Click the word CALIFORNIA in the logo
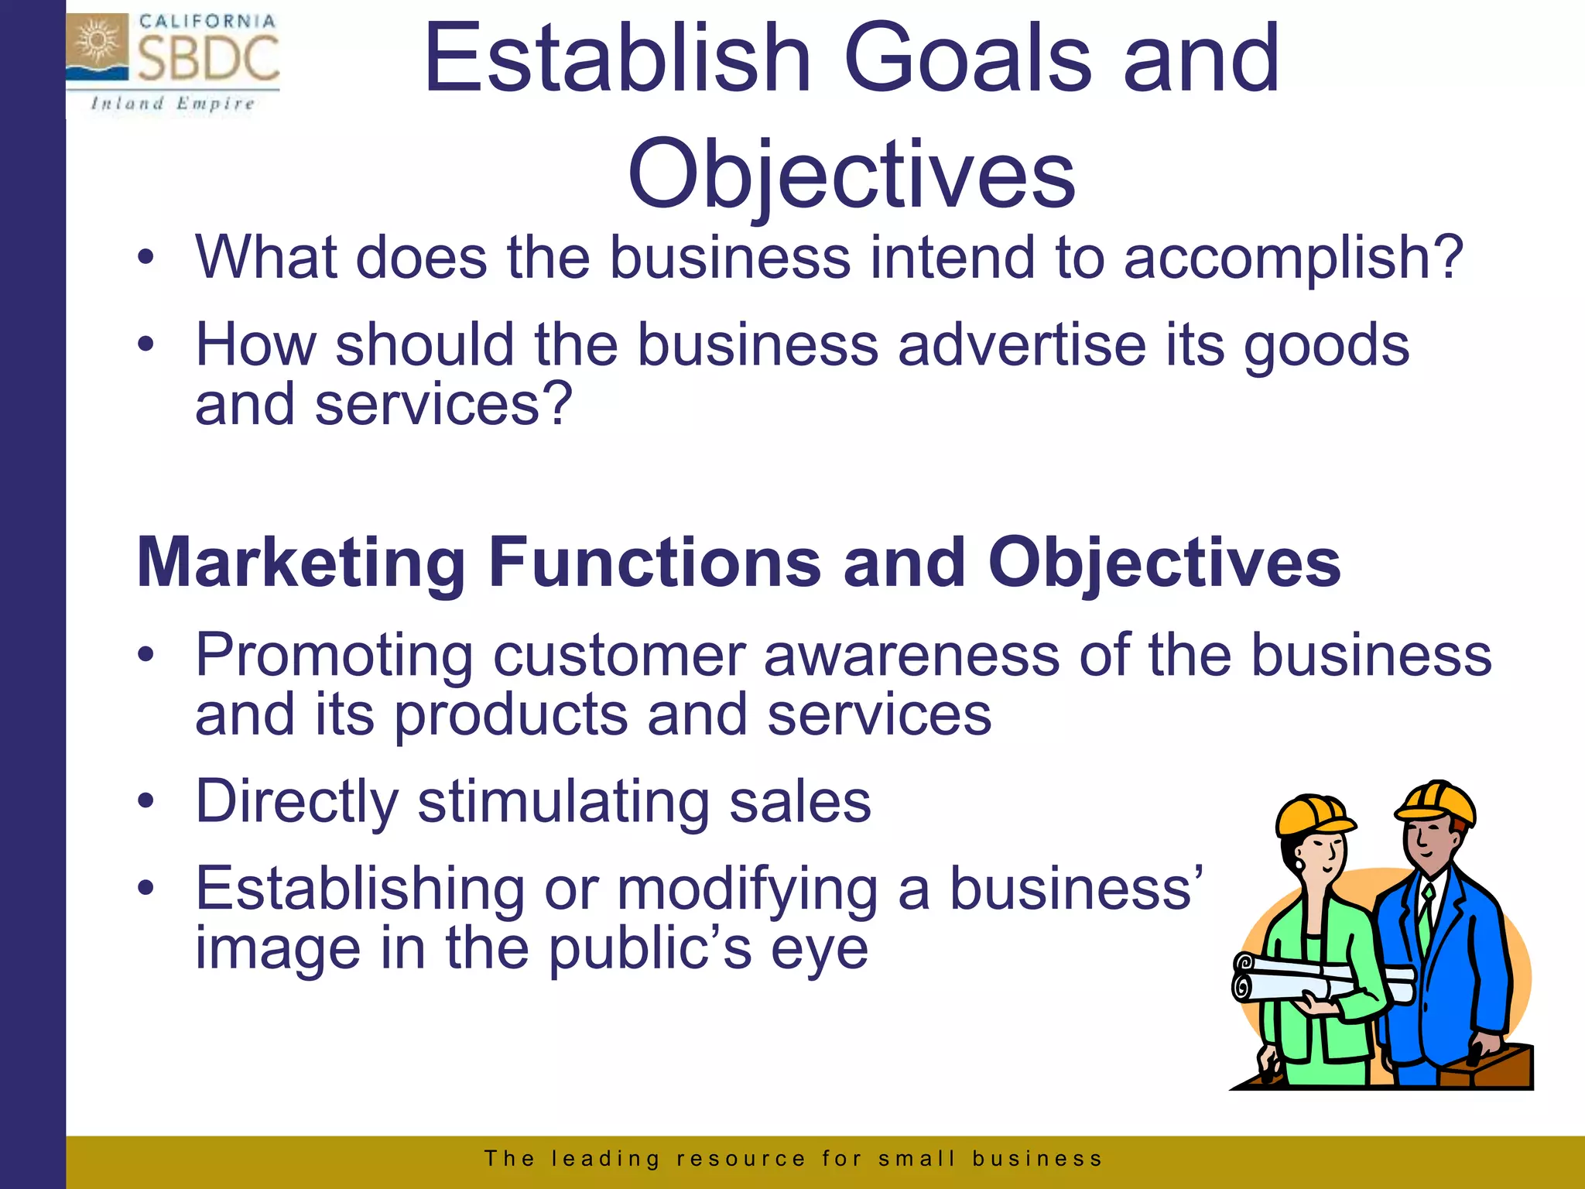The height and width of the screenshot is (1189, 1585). coord(207,21)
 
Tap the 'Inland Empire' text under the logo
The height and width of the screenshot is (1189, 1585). coord(172,104)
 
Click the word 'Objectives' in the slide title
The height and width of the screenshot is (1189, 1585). coord(851,174)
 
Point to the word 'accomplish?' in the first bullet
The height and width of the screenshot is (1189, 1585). coord(1293,257)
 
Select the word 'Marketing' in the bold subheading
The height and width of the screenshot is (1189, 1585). coord(302,563)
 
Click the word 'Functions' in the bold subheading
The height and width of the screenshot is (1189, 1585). coord(655,563)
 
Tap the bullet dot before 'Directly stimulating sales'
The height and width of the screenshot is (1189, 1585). coord(146,801)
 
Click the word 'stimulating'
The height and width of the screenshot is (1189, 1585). coord(563,802)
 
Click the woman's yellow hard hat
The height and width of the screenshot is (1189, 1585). coord(1313,816)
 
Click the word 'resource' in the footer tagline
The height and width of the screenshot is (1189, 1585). coord(741,1159)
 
